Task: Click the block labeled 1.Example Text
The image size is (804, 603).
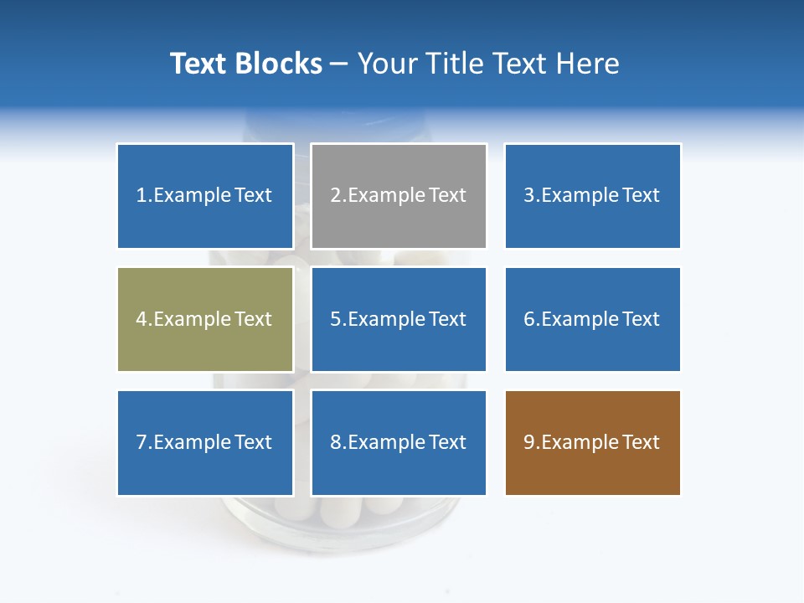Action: click(x=205, y=196)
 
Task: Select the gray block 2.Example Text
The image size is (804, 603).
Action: click(x=399, y=196)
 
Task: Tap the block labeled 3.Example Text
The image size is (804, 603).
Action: click(x=592, y=196)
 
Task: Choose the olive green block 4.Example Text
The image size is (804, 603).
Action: click(x=205, y=319)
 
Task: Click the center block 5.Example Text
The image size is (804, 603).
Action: click(x=399, y=319)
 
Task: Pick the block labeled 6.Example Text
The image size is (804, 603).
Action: click(x=592, y=319)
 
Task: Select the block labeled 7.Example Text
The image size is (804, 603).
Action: click(x=205, y=442)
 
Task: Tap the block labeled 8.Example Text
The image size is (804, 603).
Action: click(x=399, y=442)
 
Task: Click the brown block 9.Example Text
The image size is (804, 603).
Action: click(x=592, y=442)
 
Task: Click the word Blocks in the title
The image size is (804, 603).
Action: click(x=279, y=64)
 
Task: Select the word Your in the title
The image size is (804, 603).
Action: click(x=386, y=64)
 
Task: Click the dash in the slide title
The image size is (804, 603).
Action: click(x=339, y=64)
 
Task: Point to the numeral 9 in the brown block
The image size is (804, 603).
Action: click(x=529, y=442)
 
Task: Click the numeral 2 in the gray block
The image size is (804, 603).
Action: click(x=336, y=196)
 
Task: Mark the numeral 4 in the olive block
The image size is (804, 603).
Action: click(x=142, y=319)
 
